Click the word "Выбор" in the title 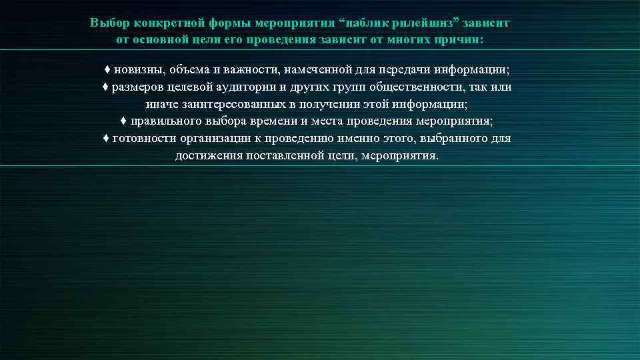point(110,23)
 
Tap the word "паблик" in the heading point(368,23)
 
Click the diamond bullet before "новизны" point(107,70)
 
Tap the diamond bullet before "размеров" point(105,87)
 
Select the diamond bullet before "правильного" point(124,122)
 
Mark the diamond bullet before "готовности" point(106,139)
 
